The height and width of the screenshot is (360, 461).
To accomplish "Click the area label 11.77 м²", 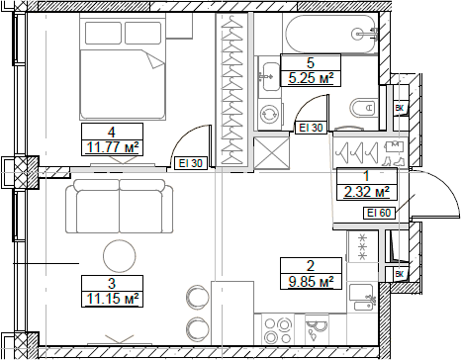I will [x=112, y=148].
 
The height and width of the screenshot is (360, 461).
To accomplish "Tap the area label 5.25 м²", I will [x=308, y=76].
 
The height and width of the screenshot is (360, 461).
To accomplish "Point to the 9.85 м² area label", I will [x=311, y=282].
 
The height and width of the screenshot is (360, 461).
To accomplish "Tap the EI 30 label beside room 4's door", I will [x=191, y=164].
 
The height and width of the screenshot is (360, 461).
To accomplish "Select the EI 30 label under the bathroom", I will [x=311, y=128].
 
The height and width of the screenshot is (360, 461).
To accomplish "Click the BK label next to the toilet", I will [x=401, y=108].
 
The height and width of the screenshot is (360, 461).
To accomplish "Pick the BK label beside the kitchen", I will [x=401, y=274].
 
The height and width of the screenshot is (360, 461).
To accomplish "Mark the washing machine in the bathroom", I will [x=269, y=115].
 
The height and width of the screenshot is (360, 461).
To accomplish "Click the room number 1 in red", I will [x=366, y=176].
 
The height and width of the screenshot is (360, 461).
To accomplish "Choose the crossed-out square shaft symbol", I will [x=269, y=154].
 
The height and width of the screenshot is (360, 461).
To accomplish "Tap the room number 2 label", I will [x=311, y=265].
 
